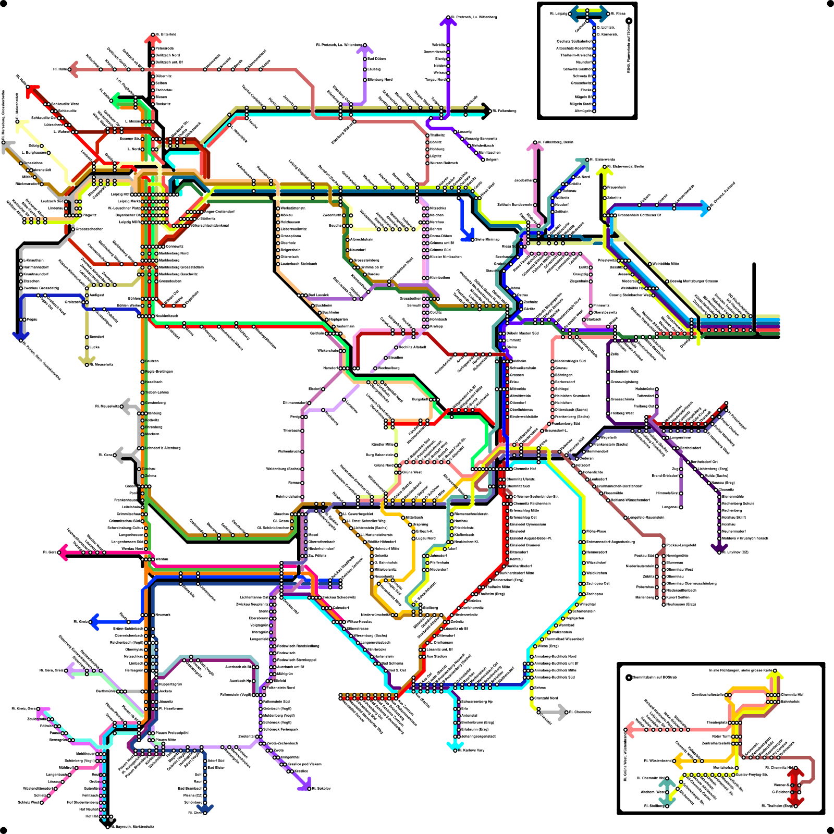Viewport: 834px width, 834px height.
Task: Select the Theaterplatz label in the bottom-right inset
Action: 717,722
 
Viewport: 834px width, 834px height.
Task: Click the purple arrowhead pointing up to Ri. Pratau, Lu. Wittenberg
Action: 448,21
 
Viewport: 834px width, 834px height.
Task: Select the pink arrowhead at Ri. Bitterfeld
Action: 152,38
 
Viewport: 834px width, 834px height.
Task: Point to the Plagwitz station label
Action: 90,215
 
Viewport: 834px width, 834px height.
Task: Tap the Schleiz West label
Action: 29,802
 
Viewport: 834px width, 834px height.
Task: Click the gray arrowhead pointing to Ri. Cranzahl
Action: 562,712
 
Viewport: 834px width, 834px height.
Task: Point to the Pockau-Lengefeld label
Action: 681,545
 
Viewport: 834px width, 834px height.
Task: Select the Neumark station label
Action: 163,615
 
